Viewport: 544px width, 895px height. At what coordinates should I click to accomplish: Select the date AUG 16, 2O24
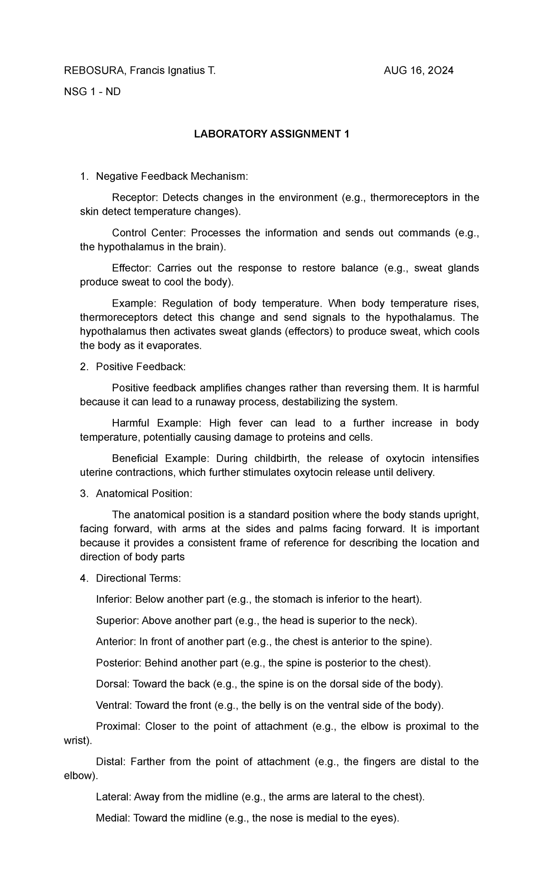click(418, 71)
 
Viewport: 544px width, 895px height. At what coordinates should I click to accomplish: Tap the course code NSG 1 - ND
click(92, 92)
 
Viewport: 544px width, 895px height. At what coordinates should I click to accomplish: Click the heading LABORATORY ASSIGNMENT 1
click(272, 135)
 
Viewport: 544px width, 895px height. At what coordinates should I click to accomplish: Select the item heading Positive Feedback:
click(141, 367)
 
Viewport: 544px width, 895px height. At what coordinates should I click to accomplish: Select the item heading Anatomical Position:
click(144, 494)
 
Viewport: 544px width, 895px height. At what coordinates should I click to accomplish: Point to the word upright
click(461, 515)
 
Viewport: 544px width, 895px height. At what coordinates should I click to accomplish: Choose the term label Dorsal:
click(113, 684)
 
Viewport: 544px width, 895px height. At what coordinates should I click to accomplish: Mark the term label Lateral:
click(113, 797)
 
